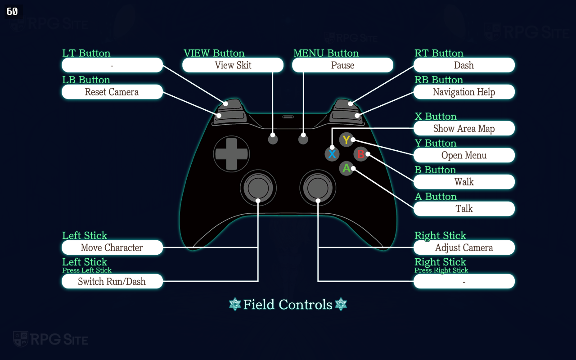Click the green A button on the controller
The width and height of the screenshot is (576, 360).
(x=346, y=168)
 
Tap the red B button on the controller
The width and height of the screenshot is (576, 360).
(x=360, y=154)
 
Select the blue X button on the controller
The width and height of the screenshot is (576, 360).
(x=332, y=154)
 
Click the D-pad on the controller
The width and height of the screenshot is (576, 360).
(x=231, y=153)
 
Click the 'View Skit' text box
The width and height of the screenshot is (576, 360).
(x=233, y=65)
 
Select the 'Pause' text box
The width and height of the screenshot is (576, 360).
(x=342, y=65)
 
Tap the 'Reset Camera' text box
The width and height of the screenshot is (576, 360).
(x=112, y=92)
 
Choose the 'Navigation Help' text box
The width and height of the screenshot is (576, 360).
(x=464, y=92)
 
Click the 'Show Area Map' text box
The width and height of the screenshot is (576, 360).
(x=464, y=129)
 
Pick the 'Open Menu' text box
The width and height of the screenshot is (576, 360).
(x=464, y=155)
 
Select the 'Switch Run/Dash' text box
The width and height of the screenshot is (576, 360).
(x=112, y=281)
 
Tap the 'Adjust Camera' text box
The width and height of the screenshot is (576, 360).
(x=464, y=247)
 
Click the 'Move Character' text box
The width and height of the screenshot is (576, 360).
(x=112, y=247)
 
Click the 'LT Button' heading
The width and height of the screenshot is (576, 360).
(x=86, y=53)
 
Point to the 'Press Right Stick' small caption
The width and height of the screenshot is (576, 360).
(x=441, y=270)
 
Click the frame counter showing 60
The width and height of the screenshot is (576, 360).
(x=13, y=11)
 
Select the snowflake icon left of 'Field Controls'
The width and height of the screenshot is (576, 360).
(x=235, y=305)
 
